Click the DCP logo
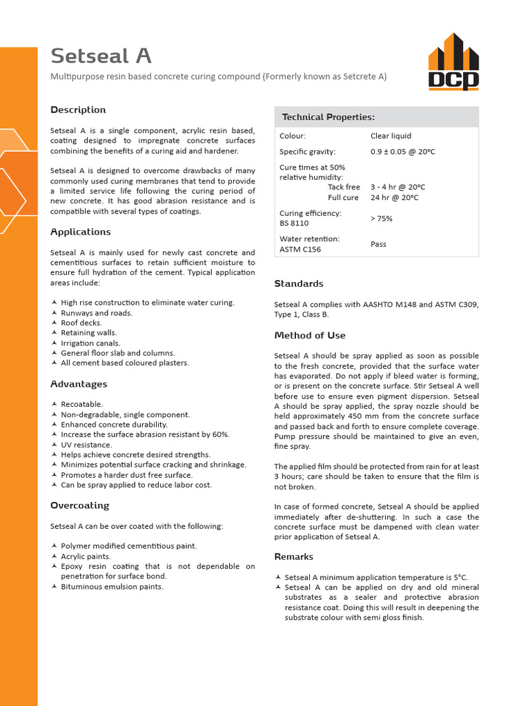tap(453, 61)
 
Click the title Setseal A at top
tap(101, 56)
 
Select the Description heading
tap(78, 110)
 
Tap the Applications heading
tap(80, 232)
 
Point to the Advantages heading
tap(79, 384)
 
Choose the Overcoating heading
tap(79, 505)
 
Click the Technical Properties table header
tap(328, 117)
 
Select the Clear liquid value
tap(391, 136)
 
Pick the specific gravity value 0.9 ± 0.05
tap(403, 152)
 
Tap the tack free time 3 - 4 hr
tap(397, 187)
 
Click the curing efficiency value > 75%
tap(382, 219)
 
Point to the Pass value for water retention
tap(378, 244)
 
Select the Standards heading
tap(298, 283)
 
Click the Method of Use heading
tap(309, 336)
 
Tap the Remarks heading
tap(293, 556)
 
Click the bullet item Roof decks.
tap(81, 323)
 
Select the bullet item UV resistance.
tap(86, 445)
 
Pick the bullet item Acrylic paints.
tap(86, 556)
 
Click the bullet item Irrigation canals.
tap(90, 343)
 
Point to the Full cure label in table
tap(343, 198)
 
